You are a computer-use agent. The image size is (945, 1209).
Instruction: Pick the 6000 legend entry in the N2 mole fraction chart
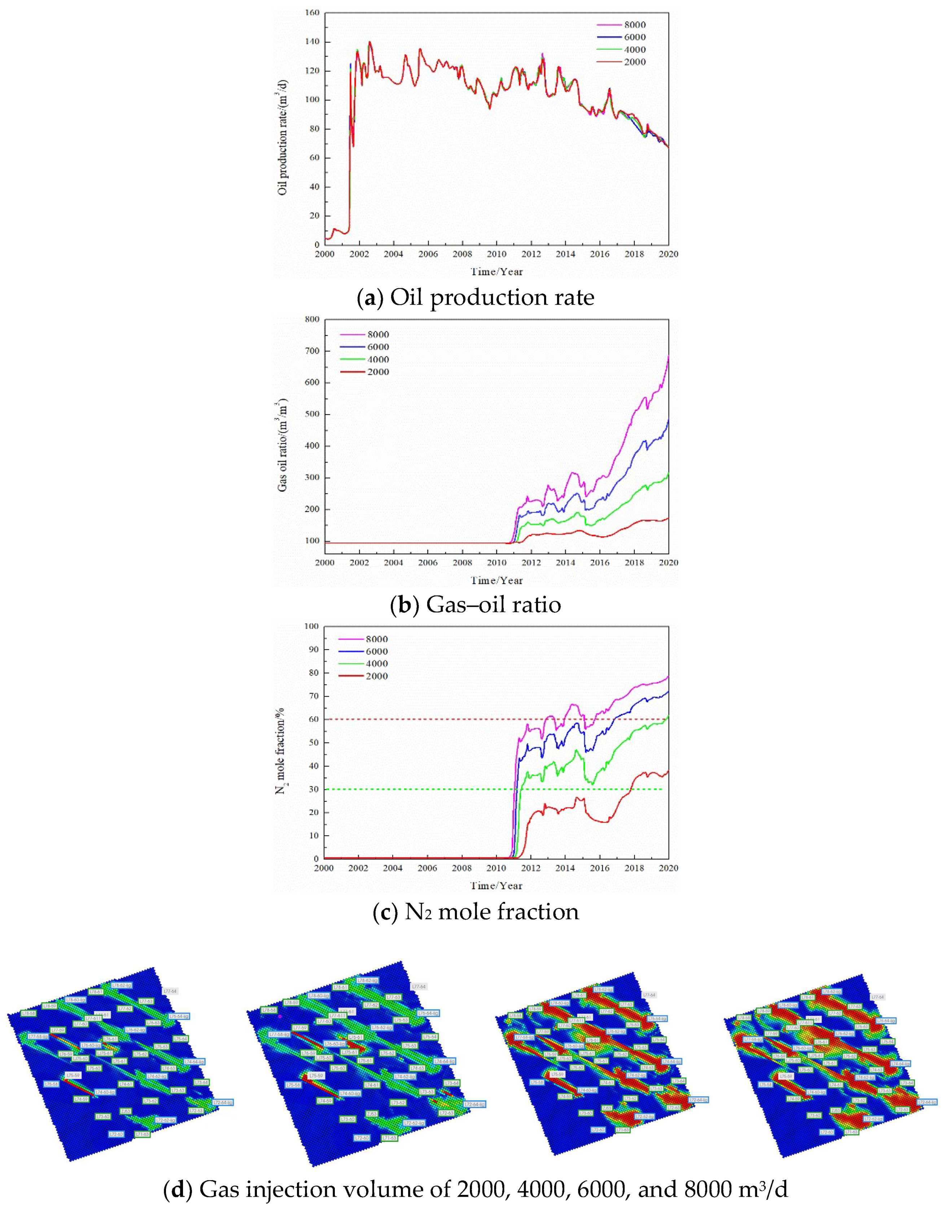point(376,652)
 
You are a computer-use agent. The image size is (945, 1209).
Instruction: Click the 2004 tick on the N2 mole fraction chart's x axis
point(393,868)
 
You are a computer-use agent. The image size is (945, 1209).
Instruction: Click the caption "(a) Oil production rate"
point(476,298)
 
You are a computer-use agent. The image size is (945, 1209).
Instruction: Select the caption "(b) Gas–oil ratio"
point(476,605)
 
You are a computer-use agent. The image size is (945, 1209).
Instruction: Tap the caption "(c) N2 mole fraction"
point(476,911)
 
